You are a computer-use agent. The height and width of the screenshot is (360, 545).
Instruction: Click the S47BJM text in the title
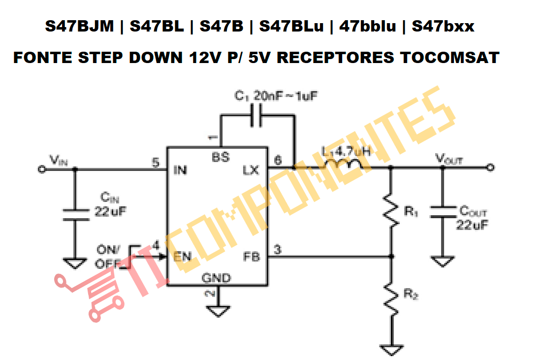[79, 26]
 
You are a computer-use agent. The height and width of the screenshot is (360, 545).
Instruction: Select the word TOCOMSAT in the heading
[449, 58]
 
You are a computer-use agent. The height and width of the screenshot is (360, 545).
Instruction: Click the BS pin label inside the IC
[221, 158]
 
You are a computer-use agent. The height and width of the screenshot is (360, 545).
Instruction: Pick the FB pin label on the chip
[252, 257]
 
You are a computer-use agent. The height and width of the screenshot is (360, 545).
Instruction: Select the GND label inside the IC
[216, 278]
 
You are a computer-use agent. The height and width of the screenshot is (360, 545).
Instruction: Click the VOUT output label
[449, 159]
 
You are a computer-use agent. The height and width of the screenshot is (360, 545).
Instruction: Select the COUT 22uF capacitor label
[472, 218]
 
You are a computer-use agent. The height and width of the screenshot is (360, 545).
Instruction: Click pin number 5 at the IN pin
[156, 162]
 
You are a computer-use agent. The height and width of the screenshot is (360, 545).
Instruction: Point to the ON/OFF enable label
[107, 257]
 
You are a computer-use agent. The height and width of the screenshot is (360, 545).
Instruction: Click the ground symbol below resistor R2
[391, 350]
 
